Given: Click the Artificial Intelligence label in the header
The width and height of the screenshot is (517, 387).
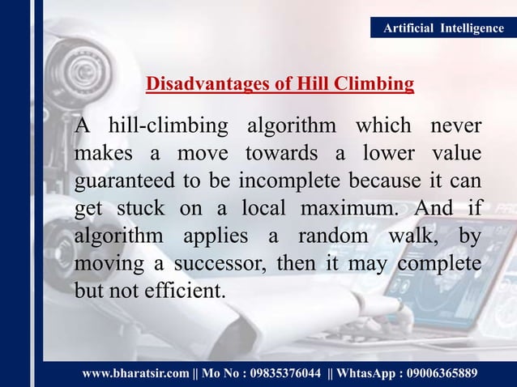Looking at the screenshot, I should point(442,28).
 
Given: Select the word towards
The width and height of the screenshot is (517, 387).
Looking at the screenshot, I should point(282,154).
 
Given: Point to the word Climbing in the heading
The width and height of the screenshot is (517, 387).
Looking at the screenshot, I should point(377,83).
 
